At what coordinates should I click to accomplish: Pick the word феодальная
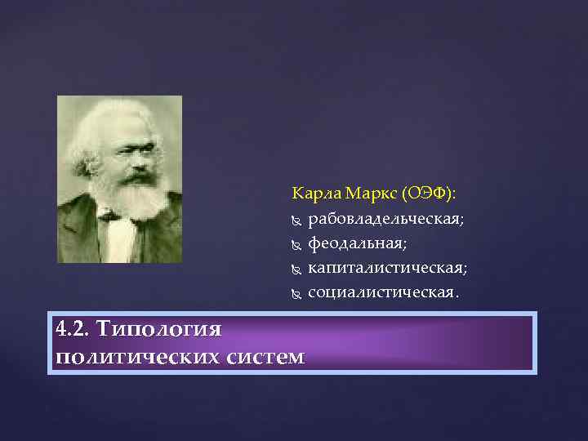pyautogui.click(x=357, y=243)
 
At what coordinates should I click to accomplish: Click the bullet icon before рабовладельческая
pyautogui.click(x=296, y=220)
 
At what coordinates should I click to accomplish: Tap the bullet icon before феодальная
pyautogui.click(x=296, y=244)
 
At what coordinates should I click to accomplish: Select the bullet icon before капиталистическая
pyautogui.click(x=296, y=269)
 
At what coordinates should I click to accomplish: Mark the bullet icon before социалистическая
pyautogui.click(x=296, y=292)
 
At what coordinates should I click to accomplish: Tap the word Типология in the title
pyautogui.click(x=158, y=329)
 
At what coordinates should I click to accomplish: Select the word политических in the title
pyautogui.click(x=135, y=356)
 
